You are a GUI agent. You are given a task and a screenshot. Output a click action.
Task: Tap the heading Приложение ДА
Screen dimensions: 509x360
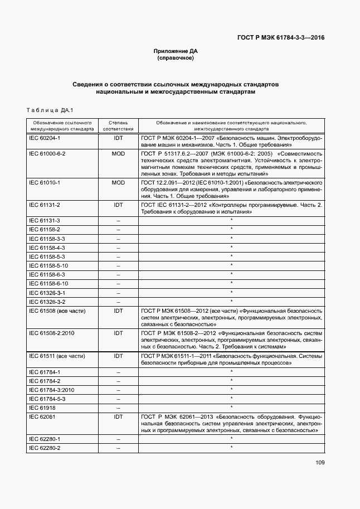pos(176,51)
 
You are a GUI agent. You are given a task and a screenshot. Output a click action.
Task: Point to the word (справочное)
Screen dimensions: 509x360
pos(176,58)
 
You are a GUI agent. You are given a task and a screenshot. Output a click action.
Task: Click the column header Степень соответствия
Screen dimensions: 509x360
pos(118,125)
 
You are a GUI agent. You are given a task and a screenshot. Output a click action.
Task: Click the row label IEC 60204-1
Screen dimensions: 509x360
pos(45,137)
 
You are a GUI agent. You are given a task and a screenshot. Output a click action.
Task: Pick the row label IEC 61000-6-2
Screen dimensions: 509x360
pos(47,153)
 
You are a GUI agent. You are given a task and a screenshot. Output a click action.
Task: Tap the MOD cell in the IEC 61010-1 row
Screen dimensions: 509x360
pos(118,182)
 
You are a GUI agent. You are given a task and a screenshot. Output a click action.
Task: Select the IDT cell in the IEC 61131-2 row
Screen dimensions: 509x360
pos(118,205)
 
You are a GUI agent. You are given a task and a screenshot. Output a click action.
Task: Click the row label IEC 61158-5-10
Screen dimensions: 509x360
pos(48,265)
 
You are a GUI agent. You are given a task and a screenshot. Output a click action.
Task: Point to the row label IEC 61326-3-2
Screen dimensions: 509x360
pos(47,302)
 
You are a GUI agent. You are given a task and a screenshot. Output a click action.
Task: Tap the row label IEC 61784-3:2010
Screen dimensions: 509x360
pos(51,390)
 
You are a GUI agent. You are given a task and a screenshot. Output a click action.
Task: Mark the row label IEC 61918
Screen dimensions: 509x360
pos(41,408)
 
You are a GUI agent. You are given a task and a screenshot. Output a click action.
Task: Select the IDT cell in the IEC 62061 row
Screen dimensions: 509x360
pos(118,416)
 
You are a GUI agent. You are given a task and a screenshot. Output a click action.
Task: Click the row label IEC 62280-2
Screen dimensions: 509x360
pos(45,448)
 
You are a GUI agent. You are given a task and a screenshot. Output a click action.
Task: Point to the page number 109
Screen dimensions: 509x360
pos(320,462)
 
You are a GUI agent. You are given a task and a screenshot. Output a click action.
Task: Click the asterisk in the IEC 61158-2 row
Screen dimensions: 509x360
pos(231,229)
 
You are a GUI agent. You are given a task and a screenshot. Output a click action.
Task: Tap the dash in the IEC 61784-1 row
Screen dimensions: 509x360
pos(118,372)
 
